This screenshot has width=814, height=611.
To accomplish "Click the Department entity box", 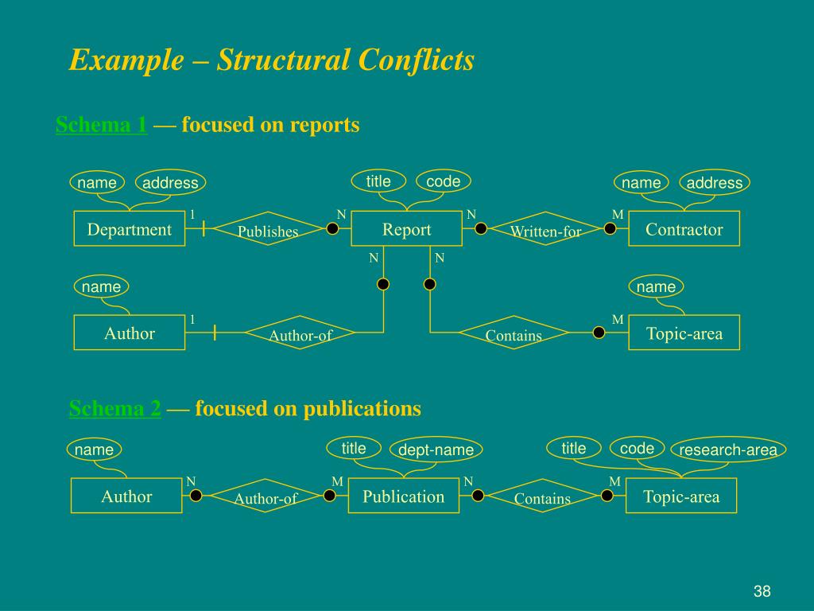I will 130,229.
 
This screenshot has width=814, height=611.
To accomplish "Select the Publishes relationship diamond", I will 268,230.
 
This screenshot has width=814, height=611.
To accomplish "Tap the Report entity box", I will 406,229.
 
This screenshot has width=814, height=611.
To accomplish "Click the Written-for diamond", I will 545,230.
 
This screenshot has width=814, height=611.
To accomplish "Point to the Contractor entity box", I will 684,229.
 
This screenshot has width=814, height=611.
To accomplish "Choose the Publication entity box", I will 404,496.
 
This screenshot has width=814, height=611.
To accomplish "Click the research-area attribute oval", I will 728,450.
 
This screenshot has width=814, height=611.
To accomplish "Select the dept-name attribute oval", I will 436,450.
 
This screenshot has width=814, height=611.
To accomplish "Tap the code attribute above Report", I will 443,181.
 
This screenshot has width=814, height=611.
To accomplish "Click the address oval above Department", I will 170,183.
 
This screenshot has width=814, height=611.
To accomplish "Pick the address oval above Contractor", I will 714,183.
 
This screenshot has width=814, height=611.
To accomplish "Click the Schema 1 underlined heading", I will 102,125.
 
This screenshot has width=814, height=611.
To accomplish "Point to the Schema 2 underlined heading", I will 115,409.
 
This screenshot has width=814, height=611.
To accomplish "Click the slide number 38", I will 762,591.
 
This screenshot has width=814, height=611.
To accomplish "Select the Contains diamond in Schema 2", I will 542,497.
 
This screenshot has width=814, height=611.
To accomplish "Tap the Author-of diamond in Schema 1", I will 300,334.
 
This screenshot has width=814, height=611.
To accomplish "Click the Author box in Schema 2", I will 126,496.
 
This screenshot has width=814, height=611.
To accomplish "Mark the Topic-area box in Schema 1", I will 684,333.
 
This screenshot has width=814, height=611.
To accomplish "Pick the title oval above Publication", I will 354,449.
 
